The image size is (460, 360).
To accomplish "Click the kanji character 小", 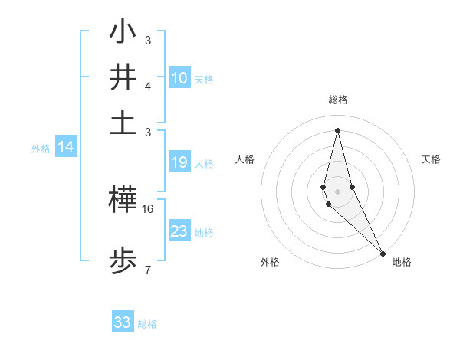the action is click(x=123, y=33).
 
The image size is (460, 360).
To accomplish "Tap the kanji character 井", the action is click(x=123, y=78).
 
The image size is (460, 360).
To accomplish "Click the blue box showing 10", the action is click(x=179, y=77).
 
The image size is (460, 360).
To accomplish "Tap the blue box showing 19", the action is click(x=179, y=162).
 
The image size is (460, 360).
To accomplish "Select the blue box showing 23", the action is click(x=179, y=231).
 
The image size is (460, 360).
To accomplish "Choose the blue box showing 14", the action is click(x=66, y=148).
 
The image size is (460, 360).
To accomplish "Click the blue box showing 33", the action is click(x=123, y=322).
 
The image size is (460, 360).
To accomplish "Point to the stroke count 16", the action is click(x=149, y=208).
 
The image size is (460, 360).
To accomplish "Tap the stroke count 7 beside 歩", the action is click(x=147, y=269).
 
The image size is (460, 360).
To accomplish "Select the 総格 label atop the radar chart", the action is click(x=338, y=100).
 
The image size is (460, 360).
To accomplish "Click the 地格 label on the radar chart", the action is click(x=402, y=263).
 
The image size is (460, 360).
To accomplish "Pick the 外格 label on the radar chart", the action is click(x=270, y=263).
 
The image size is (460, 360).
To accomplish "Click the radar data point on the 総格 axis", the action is click(x=337, y=129).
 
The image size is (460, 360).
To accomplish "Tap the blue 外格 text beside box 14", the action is click(x=41, y=149).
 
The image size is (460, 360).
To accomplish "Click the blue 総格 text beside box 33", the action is click(x=147, y=324).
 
